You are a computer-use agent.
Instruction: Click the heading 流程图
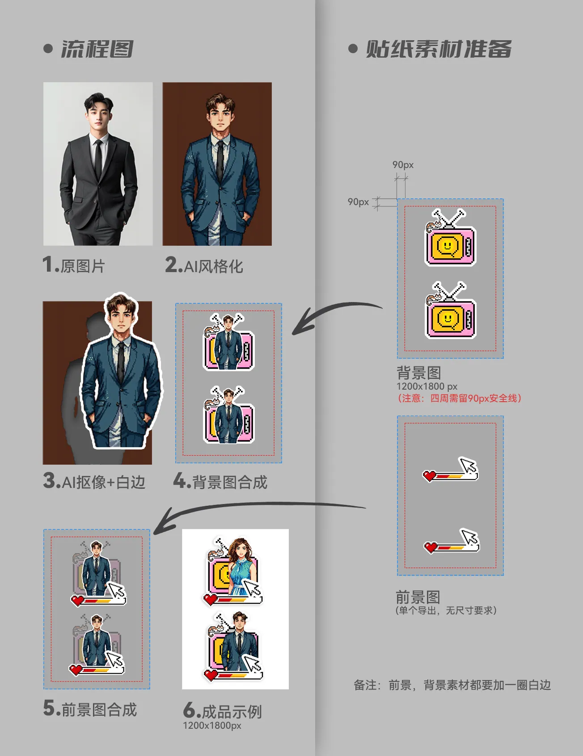click(x=97, y=49)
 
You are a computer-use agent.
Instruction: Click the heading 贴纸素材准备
click(x=439, y=49)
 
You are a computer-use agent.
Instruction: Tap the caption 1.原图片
click(x=74, y=265)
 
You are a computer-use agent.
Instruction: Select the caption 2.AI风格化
click(x=204, y=265)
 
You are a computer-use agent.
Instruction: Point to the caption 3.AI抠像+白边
click(x=94, y=482)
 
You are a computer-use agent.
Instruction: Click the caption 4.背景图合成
click(x=220, y=482)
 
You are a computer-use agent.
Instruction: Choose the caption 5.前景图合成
click(x=90, y=709)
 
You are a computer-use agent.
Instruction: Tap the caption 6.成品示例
click(x=223, y=711)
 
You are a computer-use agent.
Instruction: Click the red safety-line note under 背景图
click(x=460, y=398)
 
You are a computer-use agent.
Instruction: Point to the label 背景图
click(x=419, y=373)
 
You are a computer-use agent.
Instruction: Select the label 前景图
click(x=418, y=597)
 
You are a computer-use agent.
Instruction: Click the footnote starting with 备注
click(x=452, y=685)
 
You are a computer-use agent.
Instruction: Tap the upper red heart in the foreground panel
click(x=430, y=476)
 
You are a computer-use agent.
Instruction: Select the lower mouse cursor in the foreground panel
click(x=470, y=538)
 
